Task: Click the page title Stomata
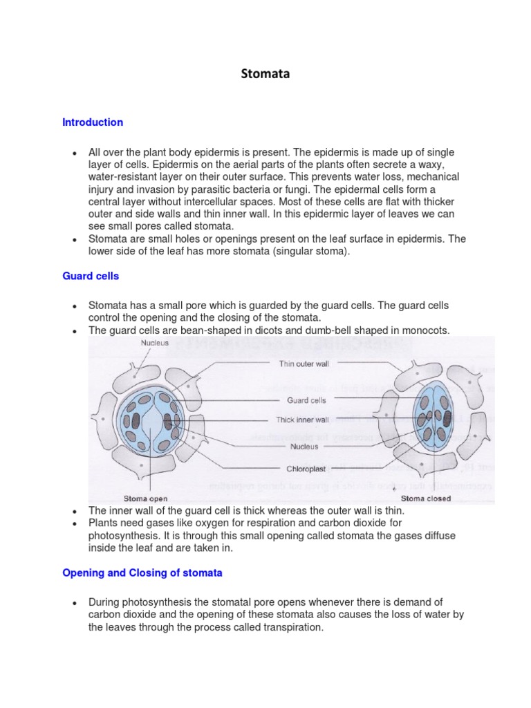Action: coord(265,74)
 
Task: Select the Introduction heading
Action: coord(93,122)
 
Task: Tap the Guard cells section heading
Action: coord(91,276)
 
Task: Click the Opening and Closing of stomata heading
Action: coord(142,573)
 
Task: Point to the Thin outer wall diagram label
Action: coord(304,363)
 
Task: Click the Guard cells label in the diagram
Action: coord(306,400)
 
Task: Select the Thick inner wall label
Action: coord(303,420)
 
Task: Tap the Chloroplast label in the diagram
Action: coord(305,468)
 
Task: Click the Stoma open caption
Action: coord(145,498)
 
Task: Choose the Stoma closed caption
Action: coord(426,498)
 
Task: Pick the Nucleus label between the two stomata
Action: coord(304,446)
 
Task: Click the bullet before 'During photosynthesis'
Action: coord(73,603)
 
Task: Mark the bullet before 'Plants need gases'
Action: coord(73,523)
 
